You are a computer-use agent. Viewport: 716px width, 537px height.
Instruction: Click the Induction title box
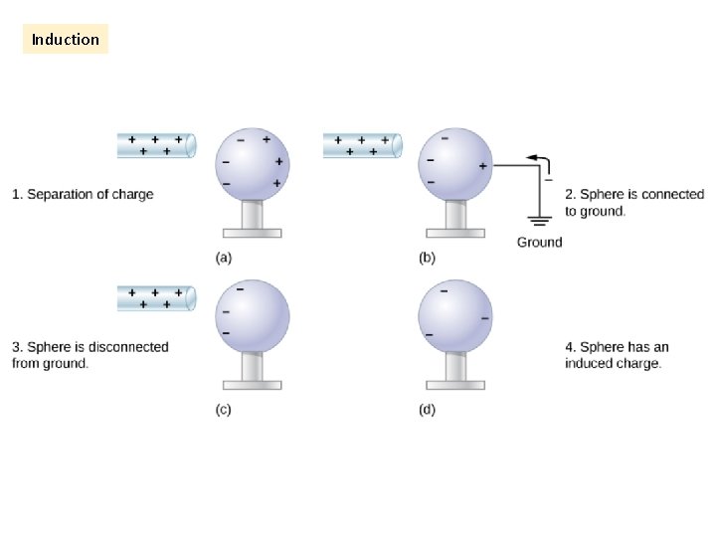[x=66, y=40]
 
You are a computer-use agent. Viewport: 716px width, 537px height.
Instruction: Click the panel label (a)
[x=225, y=258]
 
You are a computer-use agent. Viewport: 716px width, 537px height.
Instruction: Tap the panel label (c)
[x=224, y=410]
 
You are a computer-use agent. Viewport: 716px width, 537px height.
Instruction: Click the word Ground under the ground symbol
[x=539, y=242]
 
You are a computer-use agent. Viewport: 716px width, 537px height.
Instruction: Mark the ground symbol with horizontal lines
[x=539, y=221]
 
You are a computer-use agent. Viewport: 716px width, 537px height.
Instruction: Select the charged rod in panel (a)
[x=156, y=146]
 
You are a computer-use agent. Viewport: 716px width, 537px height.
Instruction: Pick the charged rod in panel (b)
[x=362, y=146]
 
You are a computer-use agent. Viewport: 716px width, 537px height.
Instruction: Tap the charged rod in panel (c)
[x=156, y=298]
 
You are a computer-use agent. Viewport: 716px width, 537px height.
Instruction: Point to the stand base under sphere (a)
[x=252, y=233]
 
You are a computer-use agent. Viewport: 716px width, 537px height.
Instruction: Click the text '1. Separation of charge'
[x=83, y=194]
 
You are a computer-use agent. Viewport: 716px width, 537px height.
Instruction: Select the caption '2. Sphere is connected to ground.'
[x=633, y=203]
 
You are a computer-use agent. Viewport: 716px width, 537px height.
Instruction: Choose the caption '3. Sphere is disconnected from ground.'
[x=89, y=355]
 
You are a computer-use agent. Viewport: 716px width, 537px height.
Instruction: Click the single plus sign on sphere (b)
[x=483, y=166]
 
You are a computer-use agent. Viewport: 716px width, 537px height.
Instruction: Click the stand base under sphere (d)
[x=454, y=384]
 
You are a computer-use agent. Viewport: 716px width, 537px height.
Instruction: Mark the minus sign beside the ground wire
[x=548, y=180]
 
